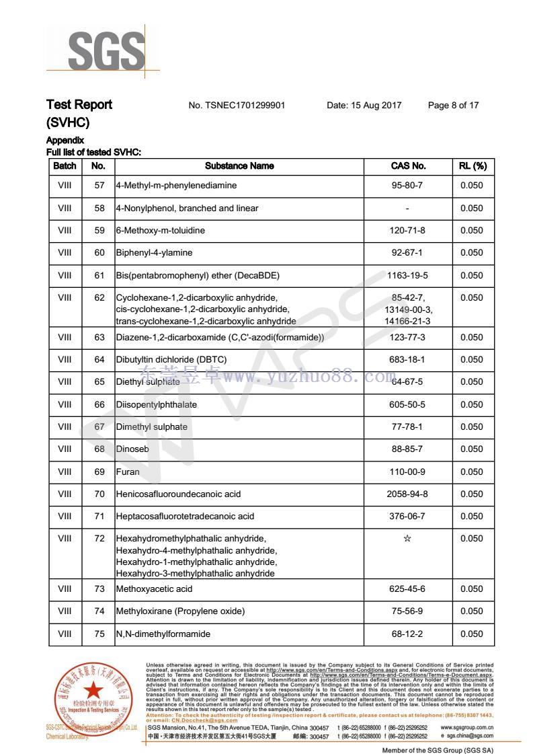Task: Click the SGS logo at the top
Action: [x=106, y=50]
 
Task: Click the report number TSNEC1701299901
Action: [x=237, y=105]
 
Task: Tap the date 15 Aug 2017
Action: [x=364, y=105]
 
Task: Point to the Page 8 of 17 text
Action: [x=453, y=105]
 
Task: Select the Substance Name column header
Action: [x=239, y=165]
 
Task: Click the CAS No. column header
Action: [x=408, y=165]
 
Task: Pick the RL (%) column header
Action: [x=473, y=165]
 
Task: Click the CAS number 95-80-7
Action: [x=408, y=186]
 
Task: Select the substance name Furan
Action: [x=128, y=472]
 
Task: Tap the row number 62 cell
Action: [x=99, y=298]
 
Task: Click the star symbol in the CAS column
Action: [x=407, y=539]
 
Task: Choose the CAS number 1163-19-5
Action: [x=408, y=275]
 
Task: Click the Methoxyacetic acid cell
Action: [x=154, y=589]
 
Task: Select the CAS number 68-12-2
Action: [x=408, y=634]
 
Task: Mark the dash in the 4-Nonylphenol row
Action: [x=408, y=209]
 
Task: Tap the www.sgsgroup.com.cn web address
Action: [x=467, y=727]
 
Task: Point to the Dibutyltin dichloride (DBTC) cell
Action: [x=171, y=360]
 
